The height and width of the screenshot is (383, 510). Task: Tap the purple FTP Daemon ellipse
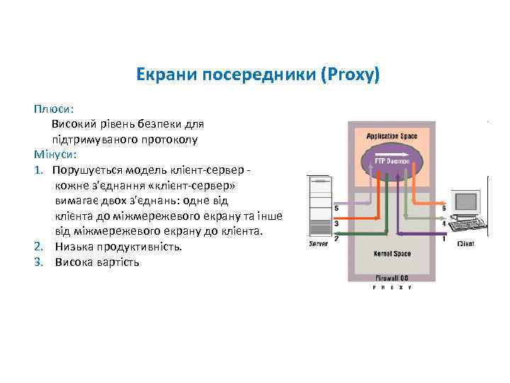(x=391, y=162)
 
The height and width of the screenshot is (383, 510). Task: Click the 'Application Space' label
(x=392, y=135)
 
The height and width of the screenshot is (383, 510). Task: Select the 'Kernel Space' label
(x=390, y=253)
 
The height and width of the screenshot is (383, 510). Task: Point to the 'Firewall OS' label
(x=390, y=278)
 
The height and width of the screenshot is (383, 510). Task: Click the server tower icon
(x=318, y=206)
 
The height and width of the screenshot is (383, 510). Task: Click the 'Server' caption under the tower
(x=318, y=245)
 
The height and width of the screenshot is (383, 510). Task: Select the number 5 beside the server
(x=336, y=209)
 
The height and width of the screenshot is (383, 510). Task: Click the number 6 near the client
(x=444, y=209)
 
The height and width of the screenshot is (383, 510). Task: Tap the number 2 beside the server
(x=336, y=238)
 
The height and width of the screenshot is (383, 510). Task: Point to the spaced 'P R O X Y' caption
(x=391, y=288)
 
